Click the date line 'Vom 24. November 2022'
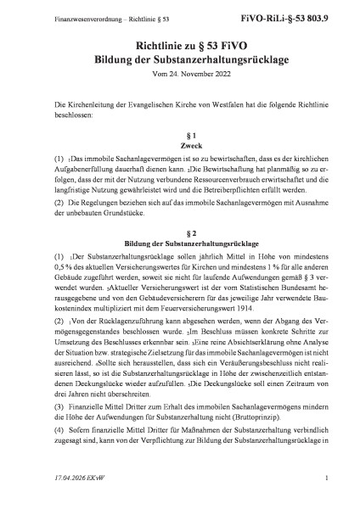click(180, 77)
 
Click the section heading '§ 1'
click(180, 134)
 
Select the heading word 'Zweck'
click(180, 145)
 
